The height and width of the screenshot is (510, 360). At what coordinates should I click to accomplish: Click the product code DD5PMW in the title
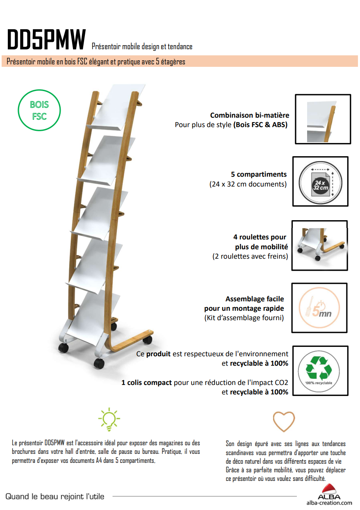click(x=46, y=39)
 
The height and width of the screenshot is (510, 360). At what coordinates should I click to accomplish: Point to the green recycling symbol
click(x=319, y=369)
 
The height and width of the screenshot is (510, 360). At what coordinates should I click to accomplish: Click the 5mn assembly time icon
click(x=319, y=308)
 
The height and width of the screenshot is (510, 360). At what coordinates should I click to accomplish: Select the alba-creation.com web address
click(x=329, y=503)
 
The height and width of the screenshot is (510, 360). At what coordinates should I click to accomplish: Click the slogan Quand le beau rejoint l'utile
click(x=55, y=496)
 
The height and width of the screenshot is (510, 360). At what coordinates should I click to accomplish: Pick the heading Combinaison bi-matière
click(x=250, y=115)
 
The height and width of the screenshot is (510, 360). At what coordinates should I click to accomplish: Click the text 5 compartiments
click(x=259, y=174)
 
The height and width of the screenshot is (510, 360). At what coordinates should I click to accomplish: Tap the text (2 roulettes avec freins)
click(x=250, y=256)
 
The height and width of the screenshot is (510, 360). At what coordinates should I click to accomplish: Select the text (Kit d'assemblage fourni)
click(x=244, y=318)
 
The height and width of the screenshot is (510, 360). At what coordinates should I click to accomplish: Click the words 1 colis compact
click(x=146, y=382)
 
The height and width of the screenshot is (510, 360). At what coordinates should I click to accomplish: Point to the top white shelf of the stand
click(x=116, y=107)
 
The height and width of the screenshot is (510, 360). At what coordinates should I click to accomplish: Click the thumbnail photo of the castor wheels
click(x=319, y=246)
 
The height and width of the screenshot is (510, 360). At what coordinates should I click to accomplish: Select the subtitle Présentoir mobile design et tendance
click(x=142, y=46)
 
